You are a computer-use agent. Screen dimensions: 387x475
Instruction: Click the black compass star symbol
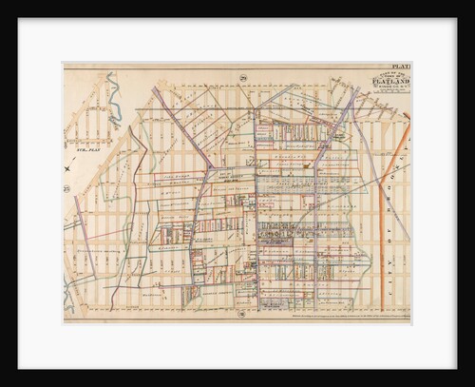click(x=68, y=170)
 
